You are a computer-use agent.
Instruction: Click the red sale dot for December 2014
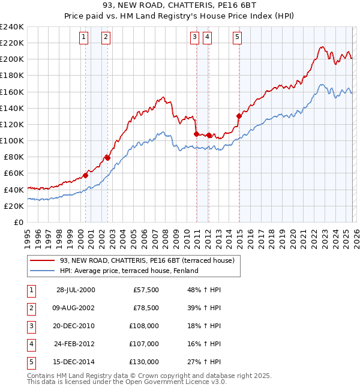point(239,116)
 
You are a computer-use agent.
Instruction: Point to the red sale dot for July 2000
point(86,175)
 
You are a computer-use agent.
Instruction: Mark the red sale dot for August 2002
point(107,158)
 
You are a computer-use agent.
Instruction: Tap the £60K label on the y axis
point(13,173)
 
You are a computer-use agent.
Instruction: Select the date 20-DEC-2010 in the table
point(76,326)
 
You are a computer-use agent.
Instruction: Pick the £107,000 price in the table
point(145,344)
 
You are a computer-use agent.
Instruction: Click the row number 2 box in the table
point(31,308)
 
